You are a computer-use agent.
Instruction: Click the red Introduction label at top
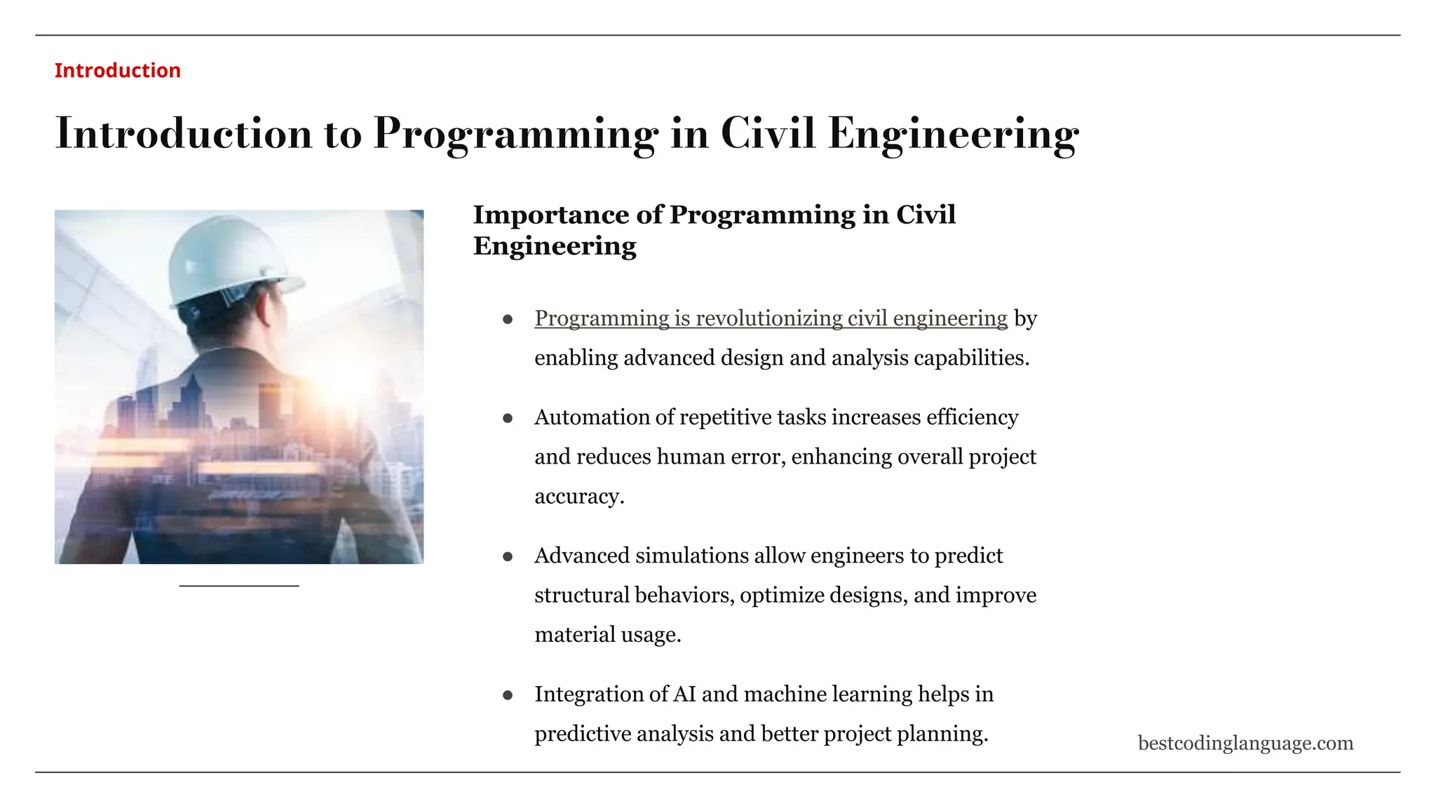117,70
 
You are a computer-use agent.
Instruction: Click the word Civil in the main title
768,133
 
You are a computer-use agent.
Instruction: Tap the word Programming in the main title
515,133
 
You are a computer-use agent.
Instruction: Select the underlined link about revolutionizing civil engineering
771,318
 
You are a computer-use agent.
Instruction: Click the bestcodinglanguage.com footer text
1245,743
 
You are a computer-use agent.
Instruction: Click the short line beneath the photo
239,586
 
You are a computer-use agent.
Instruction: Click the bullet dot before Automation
508,418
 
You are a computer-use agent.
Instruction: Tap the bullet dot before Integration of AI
508,695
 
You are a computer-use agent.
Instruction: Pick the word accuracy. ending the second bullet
579,497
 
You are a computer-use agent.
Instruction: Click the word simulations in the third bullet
692,555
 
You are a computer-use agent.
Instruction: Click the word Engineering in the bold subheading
555,246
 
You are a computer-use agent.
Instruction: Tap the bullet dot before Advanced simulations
508,557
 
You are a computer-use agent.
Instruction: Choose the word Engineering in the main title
954,133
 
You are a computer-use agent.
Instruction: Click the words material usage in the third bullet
607,635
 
